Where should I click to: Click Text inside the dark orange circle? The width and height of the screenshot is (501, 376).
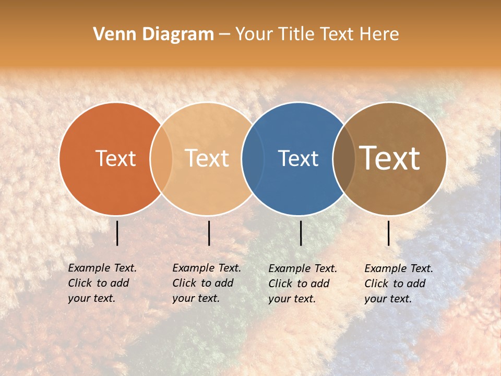coord(115,158)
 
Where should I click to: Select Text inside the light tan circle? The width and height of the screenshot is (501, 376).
coord(207,158)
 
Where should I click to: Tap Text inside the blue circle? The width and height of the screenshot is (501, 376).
coord(298,158)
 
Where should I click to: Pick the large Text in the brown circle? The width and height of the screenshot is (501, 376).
coord(390,158)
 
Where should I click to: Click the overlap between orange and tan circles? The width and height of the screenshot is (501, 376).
coord(161,158)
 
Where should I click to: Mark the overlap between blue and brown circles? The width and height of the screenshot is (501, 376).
coord(344,158)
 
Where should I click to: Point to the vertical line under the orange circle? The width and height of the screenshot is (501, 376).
coord(117,233)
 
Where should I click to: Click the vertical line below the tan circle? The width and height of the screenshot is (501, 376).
coord(209,233)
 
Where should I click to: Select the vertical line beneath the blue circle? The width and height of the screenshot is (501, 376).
coord(301,233)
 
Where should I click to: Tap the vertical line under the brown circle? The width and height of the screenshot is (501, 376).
coord(389,233)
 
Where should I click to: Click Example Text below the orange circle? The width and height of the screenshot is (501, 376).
coord(102,268)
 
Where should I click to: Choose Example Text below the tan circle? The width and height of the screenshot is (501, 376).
coord(207,268)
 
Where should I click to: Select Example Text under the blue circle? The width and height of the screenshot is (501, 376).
coord(303,268)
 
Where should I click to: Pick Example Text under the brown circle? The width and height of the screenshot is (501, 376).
coord(399,268)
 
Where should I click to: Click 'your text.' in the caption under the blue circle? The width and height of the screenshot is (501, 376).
coord(292,299)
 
